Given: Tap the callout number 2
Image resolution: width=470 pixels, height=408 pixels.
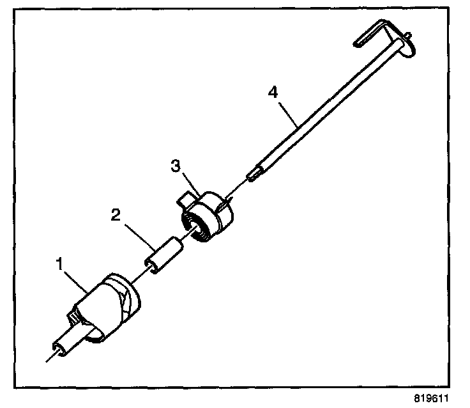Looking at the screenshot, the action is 115,214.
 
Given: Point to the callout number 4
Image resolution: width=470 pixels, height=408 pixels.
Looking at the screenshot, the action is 273,92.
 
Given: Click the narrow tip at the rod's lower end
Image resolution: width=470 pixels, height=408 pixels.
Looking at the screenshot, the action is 254,175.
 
